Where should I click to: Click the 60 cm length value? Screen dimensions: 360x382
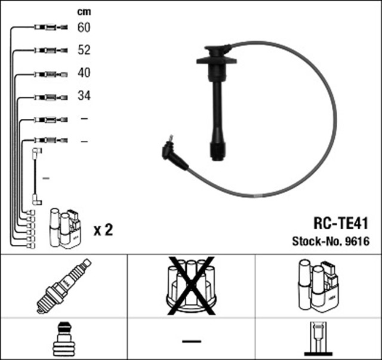[x=84, y=27]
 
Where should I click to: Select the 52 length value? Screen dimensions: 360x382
[x=84, y=50]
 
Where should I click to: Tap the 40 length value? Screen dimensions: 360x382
[x=84, y=73]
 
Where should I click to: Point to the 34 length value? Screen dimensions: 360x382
[x=84, y=96]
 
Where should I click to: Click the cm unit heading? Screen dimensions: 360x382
[x=84, y=11]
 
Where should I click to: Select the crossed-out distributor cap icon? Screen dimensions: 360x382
[x=191, y=285]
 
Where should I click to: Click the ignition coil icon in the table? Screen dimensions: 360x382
[x=318, y=285]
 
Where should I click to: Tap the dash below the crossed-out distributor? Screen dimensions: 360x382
[x=191, y=341]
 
